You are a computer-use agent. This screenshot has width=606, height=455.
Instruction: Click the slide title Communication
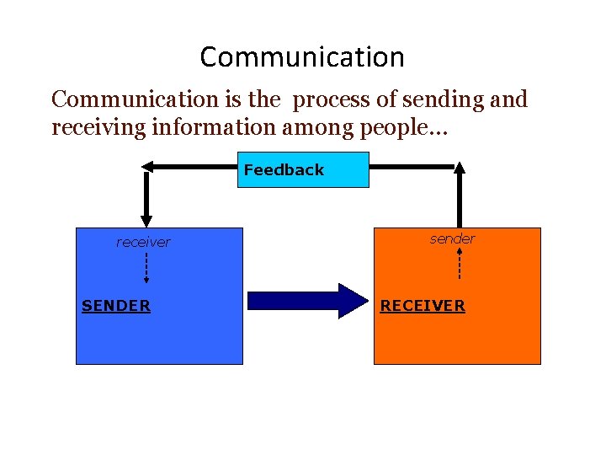coord(302,57)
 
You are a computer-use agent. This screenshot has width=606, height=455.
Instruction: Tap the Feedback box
coord(302,169)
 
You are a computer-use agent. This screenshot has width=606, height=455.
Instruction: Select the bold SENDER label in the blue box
coord(116,306)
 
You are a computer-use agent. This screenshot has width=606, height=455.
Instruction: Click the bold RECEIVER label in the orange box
coord(423,306)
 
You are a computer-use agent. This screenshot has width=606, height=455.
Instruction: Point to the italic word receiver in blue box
coord(143,243)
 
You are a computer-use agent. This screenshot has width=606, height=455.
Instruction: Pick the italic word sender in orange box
coord(452,238)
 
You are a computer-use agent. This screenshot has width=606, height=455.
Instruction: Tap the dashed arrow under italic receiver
coord(146,269)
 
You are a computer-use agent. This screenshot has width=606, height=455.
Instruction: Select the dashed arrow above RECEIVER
coord(459,262)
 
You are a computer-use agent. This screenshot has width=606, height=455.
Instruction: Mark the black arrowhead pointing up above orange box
coord(459,167)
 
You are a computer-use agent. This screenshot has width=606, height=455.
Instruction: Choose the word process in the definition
coord(324,99)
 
